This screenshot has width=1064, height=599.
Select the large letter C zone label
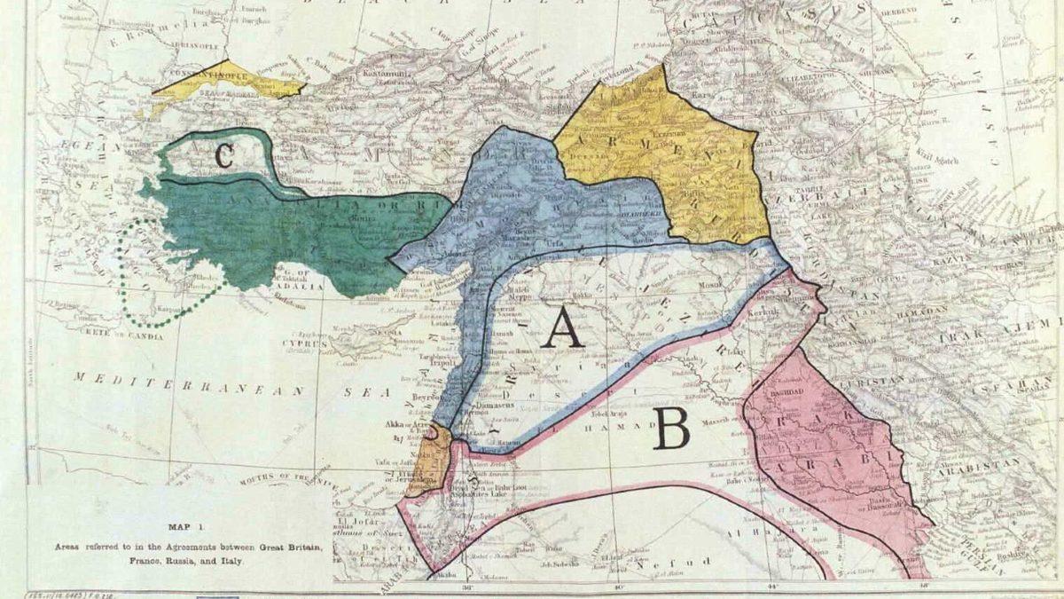[223, 157]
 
